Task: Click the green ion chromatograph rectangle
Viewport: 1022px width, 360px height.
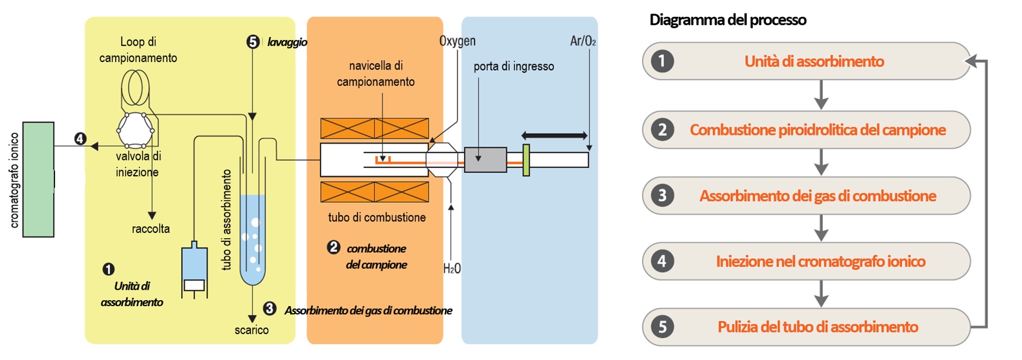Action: tap(38, 179)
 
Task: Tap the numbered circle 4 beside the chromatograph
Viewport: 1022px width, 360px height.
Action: tap(80, 139)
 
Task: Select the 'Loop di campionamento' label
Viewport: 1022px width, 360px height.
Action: tap(138, 49)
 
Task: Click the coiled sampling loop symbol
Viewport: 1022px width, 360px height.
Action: tap(135, 87)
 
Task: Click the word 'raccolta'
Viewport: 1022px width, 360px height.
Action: tap(151, 229)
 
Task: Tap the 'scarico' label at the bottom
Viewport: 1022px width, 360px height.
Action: tap(251, 330)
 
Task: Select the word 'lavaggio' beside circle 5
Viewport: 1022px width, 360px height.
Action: tap(287, 42)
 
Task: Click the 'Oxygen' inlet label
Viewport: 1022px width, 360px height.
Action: tap(457, 41)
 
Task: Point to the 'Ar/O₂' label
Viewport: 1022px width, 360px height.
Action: tap(583, 41)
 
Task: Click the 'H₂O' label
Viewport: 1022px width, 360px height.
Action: tap(451, 268)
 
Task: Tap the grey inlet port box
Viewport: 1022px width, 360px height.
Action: tap(485, 160)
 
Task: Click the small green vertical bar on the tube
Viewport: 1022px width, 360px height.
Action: tap(526, 160)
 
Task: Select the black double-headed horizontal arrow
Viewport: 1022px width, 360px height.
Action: tap(554, 135)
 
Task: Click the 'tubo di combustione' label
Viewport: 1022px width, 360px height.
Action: tap(376, 218)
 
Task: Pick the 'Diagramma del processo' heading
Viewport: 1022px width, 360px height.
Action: tap(727, 20)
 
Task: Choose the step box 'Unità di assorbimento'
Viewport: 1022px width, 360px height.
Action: tap(806, 61)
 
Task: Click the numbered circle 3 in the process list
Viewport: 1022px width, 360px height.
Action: tap(662, 195)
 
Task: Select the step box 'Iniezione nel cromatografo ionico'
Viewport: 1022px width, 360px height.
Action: tap(806, 262)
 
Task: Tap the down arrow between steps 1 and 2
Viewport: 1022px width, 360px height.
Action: tap(821, 95)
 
